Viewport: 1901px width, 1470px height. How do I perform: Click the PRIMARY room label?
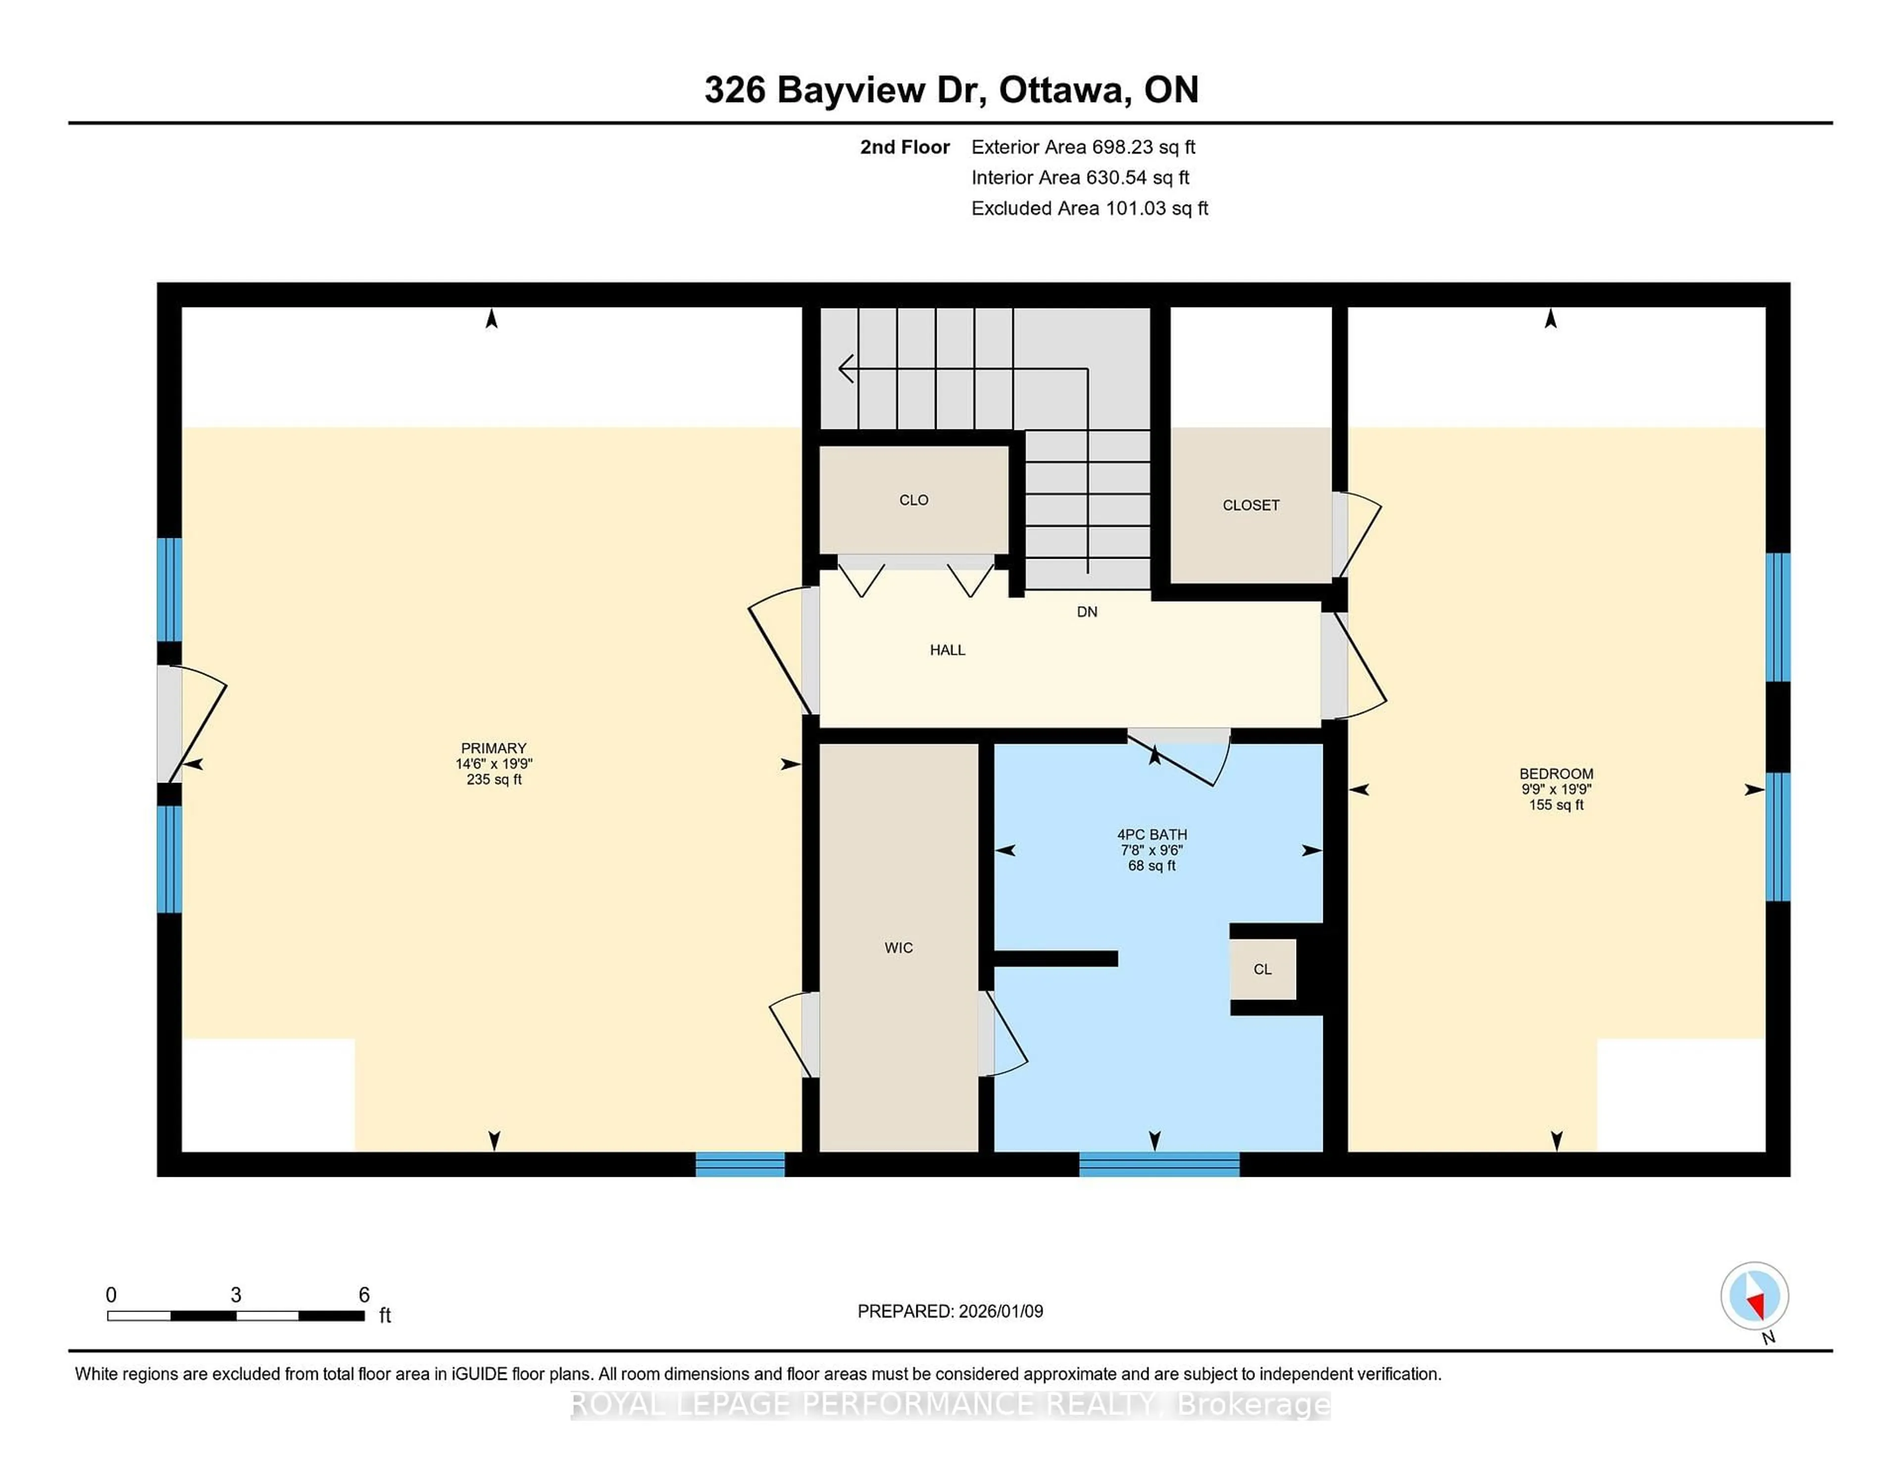click(x=494, y=748)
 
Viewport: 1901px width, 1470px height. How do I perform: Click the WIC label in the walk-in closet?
click(x=899, y=947)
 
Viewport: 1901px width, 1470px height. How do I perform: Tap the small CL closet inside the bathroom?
click(x=1262, y=969)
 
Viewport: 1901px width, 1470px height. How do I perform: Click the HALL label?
click(x=947, y=650)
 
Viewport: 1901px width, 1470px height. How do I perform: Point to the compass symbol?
click(x=1754, y=1295)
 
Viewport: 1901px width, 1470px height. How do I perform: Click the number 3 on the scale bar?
click(x=235, y=1295)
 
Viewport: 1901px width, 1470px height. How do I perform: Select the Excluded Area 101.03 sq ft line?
click(x=1089, y=208)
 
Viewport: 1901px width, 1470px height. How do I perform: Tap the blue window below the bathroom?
click(x=1158, y=1164)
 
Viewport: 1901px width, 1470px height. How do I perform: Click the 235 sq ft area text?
click(x=494, y=780)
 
